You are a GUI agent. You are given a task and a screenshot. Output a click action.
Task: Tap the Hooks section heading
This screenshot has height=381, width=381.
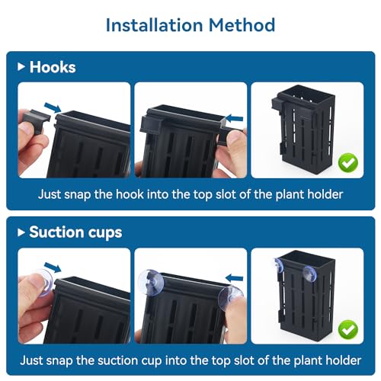point(53,67)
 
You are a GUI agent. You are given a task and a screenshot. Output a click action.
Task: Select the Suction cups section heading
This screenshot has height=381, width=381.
point(75,232)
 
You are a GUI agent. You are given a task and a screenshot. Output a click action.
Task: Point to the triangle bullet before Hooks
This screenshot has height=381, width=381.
point(21,67)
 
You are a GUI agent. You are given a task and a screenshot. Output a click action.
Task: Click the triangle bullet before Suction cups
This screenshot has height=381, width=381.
point(21,232)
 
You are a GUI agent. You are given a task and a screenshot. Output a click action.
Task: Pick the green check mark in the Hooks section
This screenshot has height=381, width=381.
point(349,162)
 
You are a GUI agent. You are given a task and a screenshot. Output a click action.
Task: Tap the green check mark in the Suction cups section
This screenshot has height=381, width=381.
point(349,328)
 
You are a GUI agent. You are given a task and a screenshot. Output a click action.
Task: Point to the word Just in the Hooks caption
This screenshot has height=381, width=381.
point(52,194)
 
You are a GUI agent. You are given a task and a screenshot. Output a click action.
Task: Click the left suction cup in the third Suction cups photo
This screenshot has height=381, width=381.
point(277,264)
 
